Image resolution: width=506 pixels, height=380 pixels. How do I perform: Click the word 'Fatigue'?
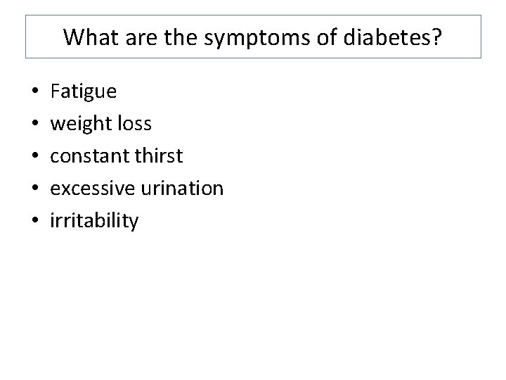[x=84, y=91]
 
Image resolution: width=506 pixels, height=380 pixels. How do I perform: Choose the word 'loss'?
[x=134, y=124]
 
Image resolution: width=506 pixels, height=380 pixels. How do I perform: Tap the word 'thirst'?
[x=159, y=156]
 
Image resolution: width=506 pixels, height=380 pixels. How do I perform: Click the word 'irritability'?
[x=94, y=221]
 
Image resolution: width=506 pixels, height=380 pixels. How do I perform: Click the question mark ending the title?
[x=437, y=37]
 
